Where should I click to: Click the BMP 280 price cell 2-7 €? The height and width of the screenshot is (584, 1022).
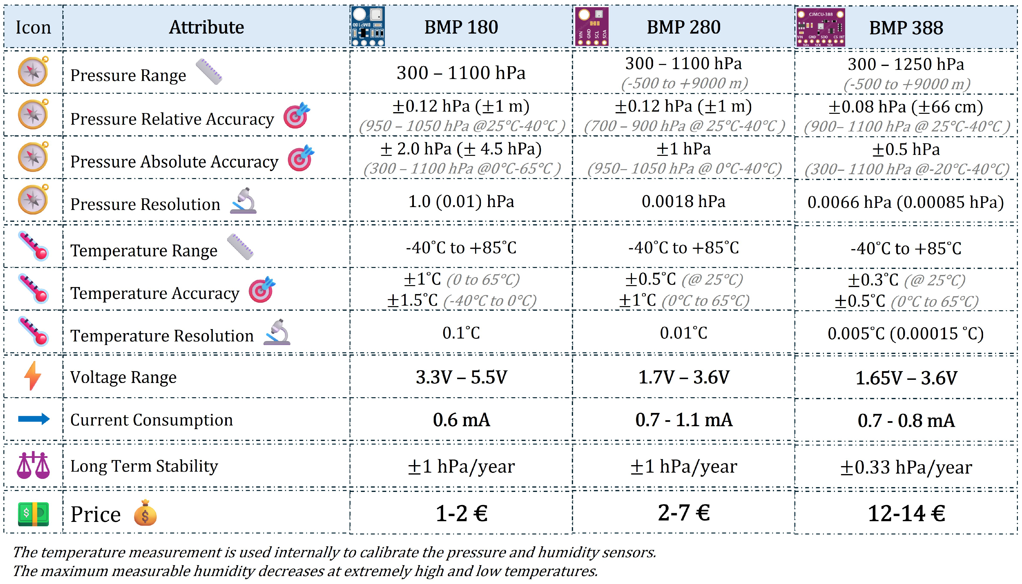click(684, 513)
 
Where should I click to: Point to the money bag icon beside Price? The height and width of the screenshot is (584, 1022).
click(145, 513)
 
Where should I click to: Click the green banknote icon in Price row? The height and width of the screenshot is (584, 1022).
click(33, 514)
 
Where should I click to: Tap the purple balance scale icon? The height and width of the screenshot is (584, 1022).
click(33, 465)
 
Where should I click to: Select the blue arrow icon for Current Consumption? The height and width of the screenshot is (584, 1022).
click(34, 419)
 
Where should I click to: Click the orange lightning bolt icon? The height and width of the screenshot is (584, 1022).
click(33, 376)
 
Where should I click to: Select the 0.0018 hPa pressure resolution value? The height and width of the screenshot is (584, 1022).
click(684, 201)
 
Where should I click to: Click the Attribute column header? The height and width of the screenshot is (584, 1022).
click(206, 27)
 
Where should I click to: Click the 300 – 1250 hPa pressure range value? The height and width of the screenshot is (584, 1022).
click(906, 64)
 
